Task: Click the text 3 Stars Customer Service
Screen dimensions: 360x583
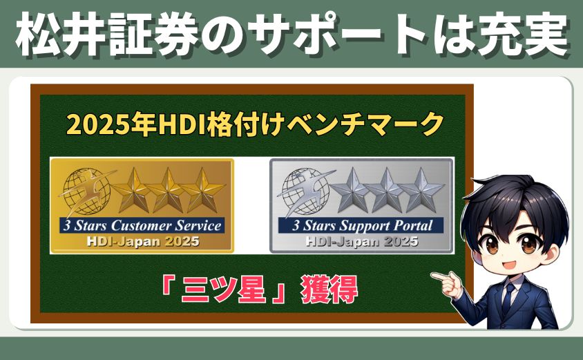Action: click(x=141, y=225)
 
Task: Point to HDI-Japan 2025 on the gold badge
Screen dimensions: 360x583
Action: click(x=142, y=241)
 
